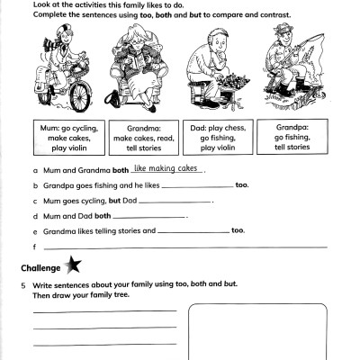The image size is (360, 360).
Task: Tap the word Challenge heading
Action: click(40, 267)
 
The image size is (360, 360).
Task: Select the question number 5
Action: click(22, 284)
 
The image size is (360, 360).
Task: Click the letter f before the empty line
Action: click(33, 247)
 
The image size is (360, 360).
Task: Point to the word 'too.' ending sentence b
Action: click(241, 185)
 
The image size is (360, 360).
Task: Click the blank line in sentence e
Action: click(193, 232)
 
